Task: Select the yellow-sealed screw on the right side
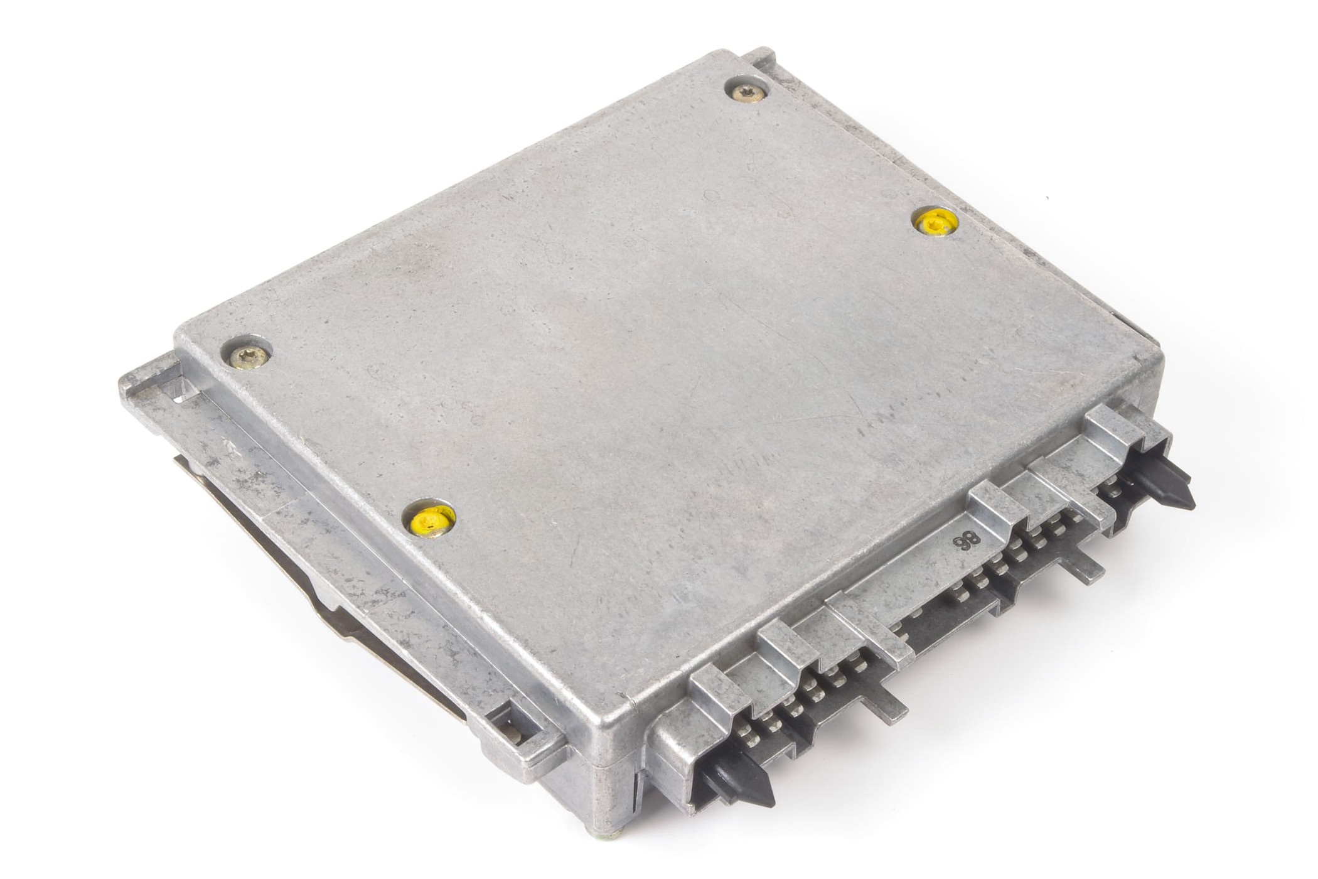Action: coord(935,222)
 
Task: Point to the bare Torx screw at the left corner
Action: coord(249,357)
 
